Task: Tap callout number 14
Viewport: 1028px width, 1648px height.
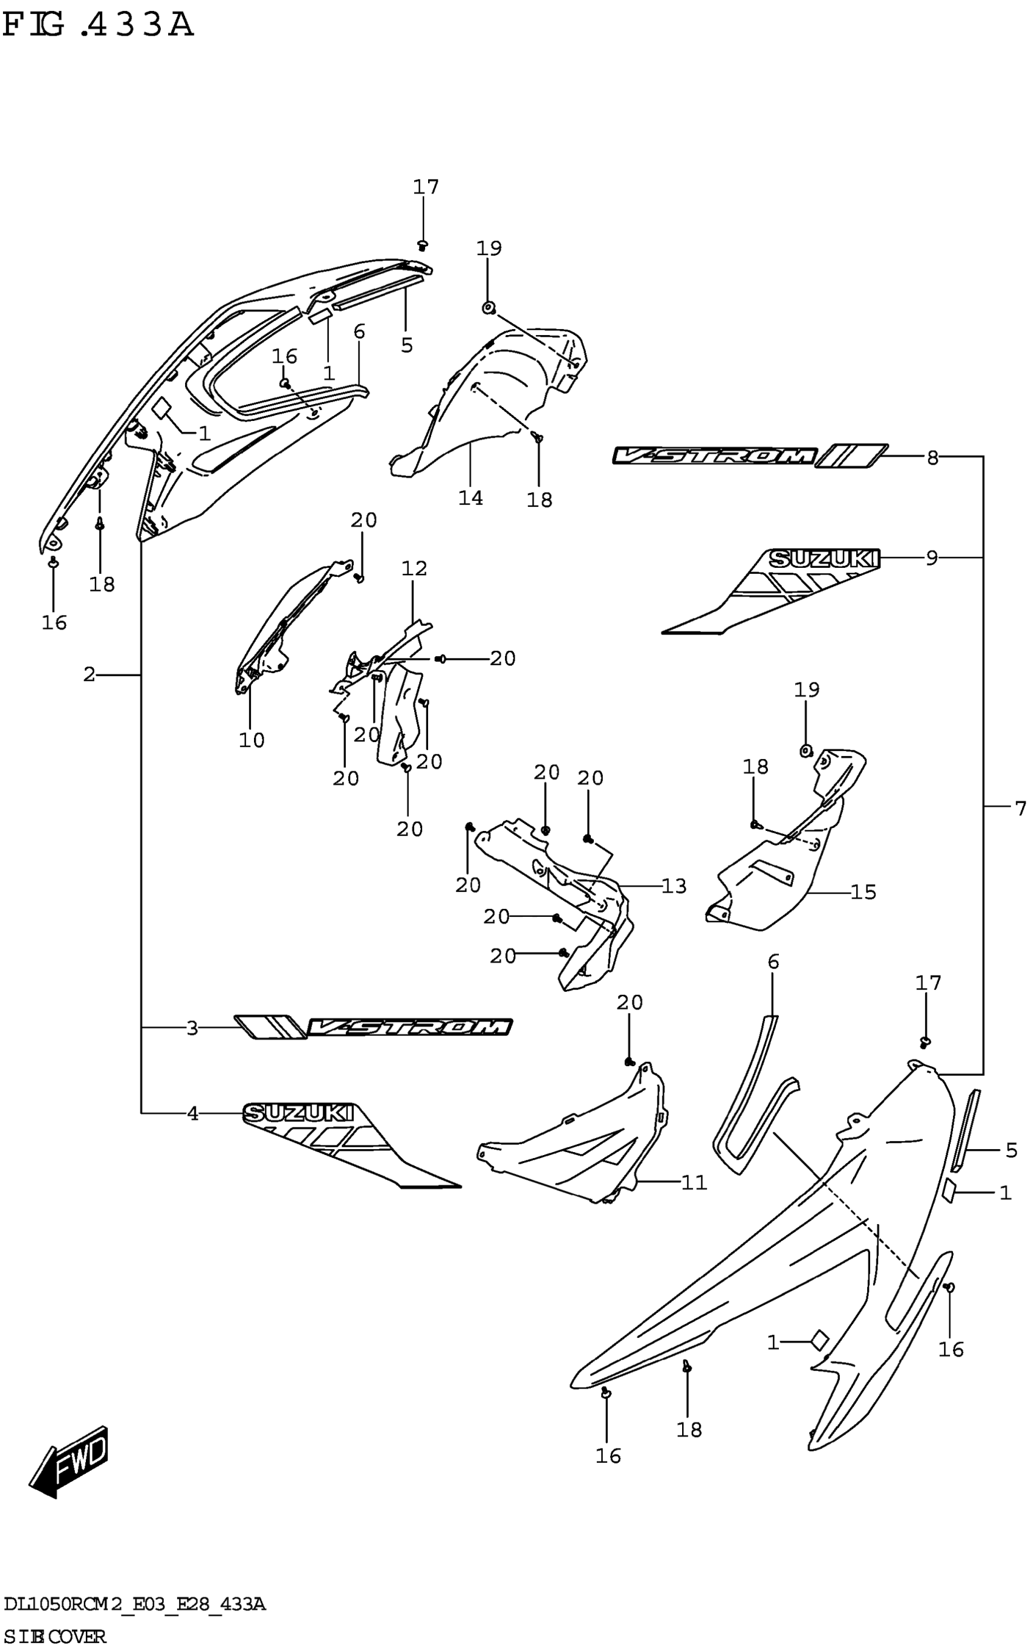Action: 470,498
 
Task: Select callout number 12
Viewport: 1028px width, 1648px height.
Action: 414,568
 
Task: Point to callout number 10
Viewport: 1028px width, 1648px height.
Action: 252,740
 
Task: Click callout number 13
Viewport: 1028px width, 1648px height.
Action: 674,886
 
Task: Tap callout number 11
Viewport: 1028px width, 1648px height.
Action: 694,1183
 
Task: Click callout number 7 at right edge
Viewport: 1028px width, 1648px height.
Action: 1019,809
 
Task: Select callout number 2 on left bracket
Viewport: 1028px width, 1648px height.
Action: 89,674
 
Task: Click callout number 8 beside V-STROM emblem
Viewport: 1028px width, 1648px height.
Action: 932,458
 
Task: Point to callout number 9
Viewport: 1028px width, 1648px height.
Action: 931,558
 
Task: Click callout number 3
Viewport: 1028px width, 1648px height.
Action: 192,1029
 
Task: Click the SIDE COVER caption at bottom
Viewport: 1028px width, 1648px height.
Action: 54,1636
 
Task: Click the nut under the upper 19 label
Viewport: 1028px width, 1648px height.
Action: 488,308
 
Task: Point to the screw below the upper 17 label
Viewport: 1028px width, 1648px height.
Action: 423,244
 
